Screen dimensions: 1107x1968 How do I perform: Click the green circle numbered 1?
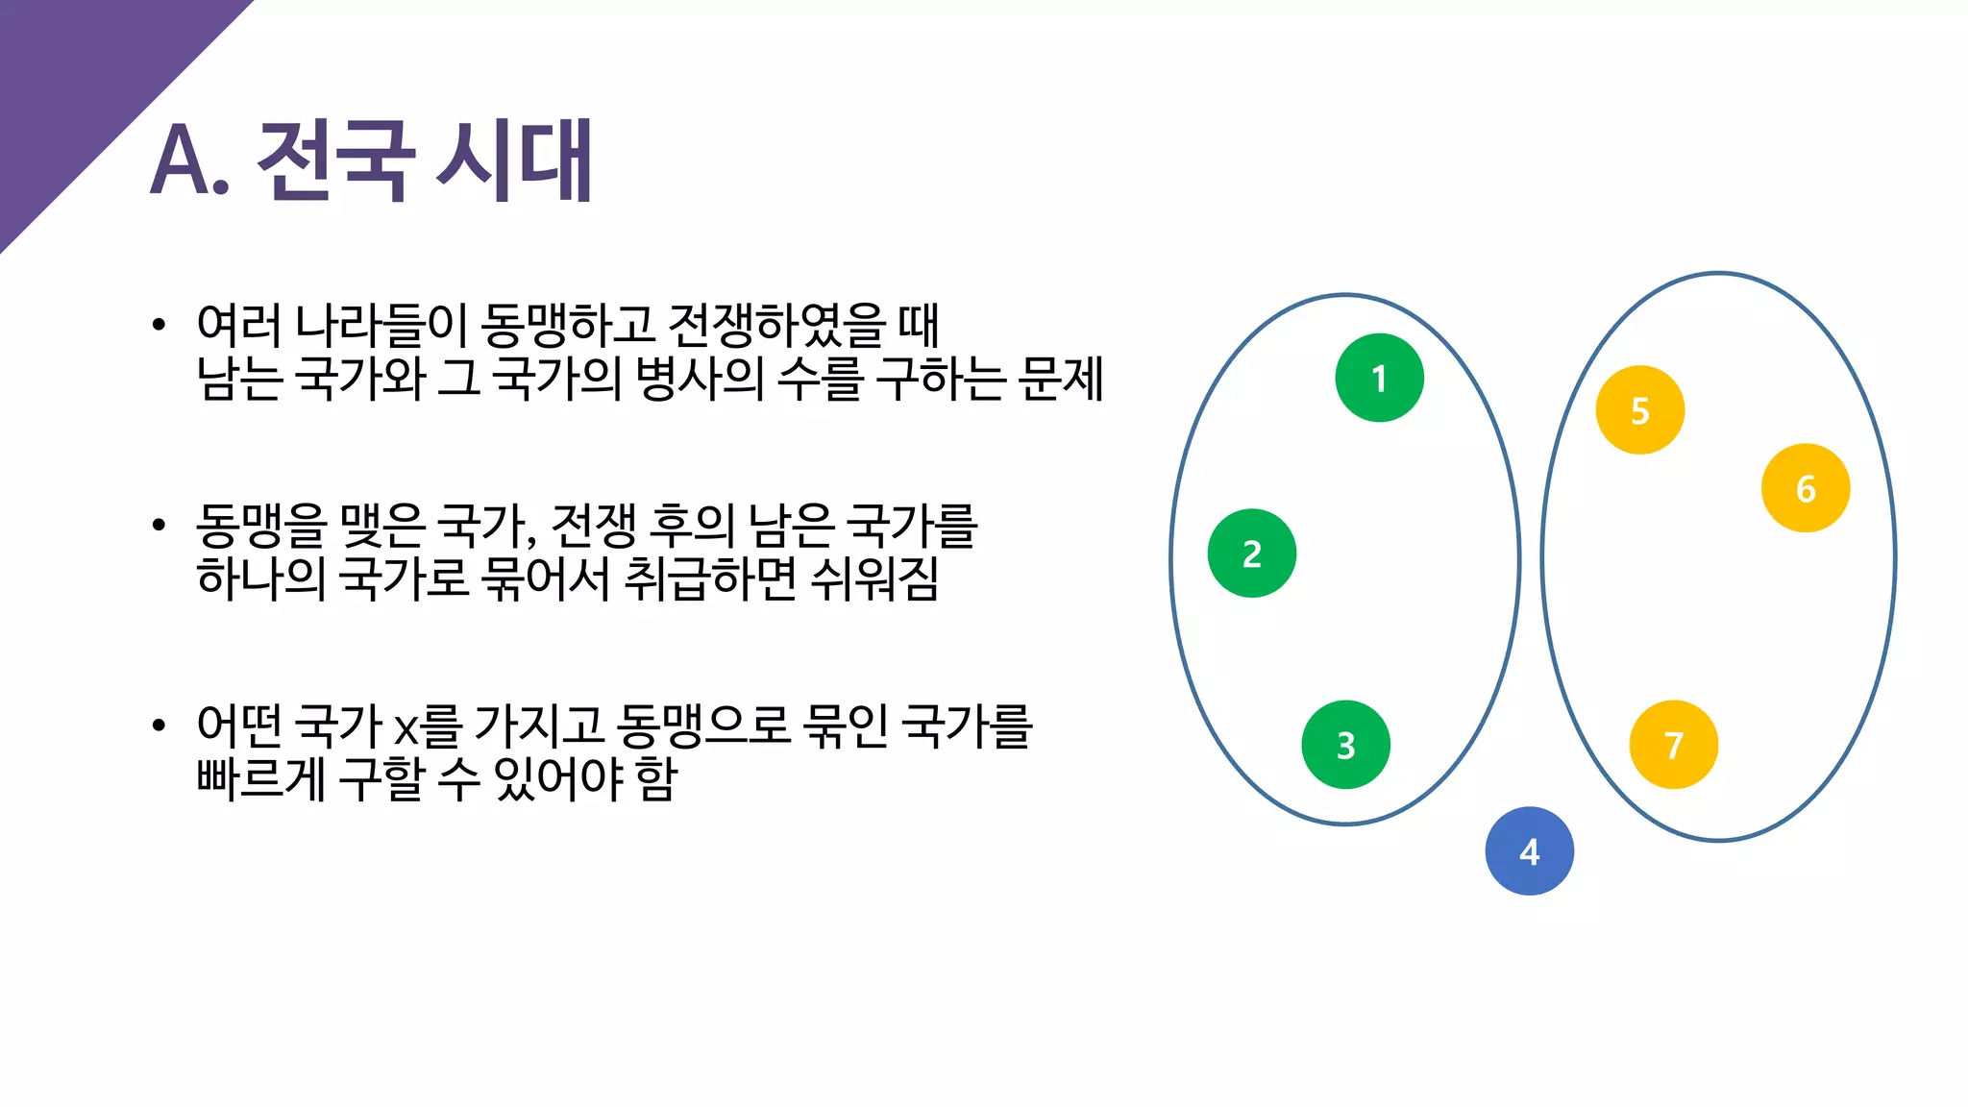click(x=1379, y=378)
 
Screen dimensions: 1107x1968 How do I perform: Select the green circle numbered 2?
click(x=1251, y=553)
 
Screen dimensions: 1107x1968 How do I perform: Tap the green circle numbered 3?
click(x=1345, y=745)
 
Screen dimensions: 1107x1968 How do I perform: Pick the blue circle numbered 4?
click(x=1529, y=851)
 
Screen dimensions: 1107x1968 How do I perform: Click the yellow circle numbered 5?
click(x=1639, y=410)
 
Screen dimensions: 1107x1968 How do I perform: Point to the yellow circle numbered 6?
click(x=1805, y=488)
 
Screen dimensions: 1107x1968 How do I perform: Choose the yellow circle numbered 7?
click(x=1673, y=745)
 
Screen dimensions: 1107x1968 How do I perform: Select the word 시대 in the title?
click(x=515, y=161)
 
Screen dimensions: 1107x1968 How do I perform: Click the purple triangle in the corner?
click(x=77, y=77)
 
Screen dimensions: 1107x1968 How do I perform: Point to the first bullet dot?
click(x=159, y=325)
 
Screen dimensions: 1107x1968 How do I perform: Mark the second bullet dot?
click(x=159, y=525)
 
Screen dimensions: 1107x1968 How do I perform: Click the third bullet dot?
click(x=159, y=725)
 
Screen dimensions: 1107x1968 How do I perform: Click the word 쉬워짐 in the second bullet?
click(x=874, y=578)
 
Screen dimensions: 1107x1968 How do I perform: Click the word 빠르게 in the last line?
click(x=260, y=778)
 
